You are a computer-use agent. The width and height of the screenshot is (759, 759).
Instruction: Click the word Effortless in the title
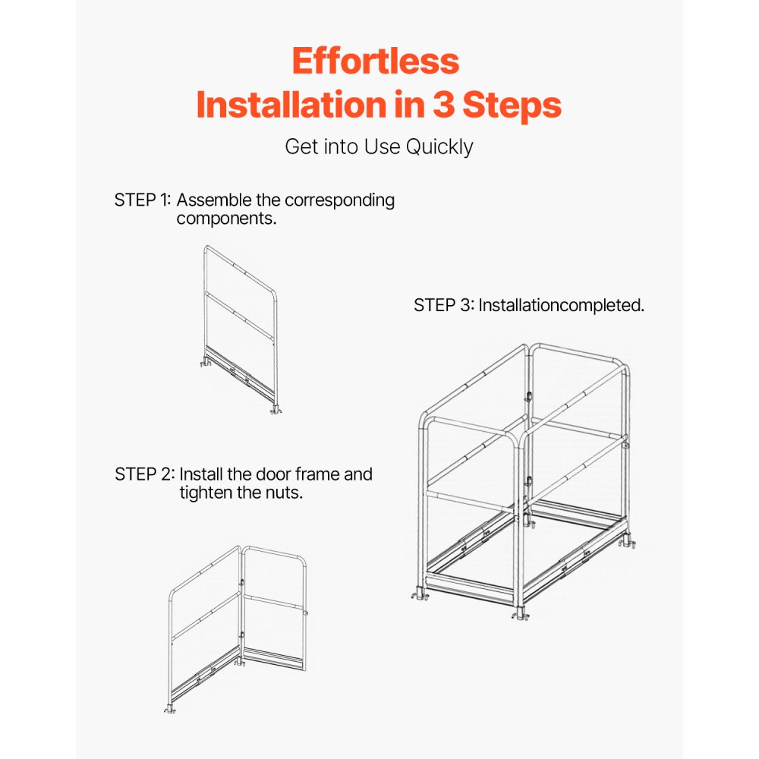click(x=376, y=61)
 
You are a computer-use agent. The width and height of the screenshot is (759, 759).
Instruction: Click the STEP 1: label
click(x=143, y=200)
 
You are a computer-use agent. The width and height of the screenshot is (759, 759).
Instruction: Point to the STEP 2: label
click(x=144, y=474)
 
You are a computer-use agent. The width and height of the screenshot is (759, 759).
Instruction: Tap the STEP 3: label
click(x=443, y=305)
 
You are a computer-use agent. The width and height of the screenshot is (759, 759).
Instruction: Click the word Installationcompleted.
click(x=562, y=305)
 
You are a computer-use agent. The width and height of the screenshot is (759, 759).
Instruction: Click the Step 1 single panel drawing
click(x=240, y=329)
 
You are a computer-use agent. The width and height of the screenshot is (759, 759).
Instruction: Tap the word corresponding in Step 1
click(x=339, y=200)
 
